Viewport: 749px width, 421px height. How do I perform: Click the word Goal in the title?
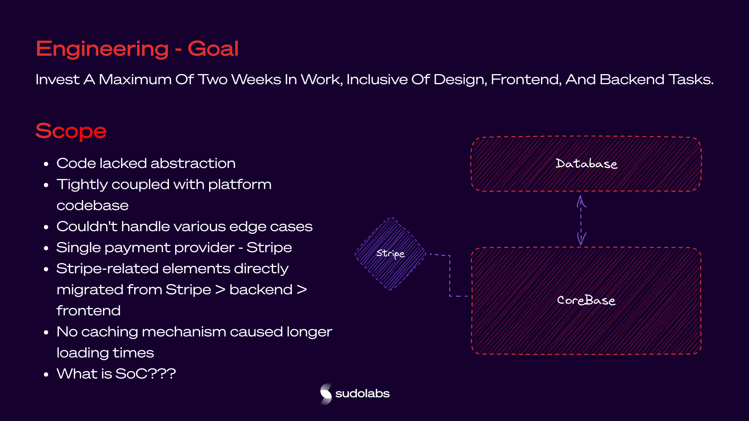213,49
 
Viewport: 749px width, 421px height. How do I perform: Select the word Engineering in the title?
102,50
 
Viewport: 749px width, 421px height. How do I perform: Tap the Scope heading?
71,131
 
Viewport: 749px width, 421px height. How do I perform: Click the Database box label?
586,163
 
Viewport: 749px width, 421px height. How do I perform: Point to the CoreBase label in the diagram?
586,300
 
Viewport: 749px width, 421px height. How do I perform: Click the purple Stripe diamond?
390,253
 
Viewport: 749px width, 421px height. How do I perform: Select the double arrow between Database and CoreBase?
581,221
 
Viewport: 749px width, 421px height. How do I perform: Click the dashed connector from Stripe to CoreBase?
450,275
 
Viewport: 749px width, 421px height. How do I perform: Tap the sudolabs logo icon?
326,394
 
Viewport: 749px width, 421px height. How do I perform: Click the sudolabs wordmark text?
362,394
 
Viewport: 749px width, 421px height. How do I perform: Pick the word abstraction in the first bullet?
193,163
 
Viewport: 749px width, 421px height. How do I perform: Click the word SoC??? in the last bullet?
146,374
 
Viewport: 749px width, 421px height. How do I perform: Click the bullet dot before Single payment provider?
46,248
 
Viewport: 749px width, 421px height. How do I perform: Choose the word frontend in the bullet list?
89,311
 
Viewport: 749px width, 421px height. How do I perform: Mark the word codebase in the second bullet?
92,205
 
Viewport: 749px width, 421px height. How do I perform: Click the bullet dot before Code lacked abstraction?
46,164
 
